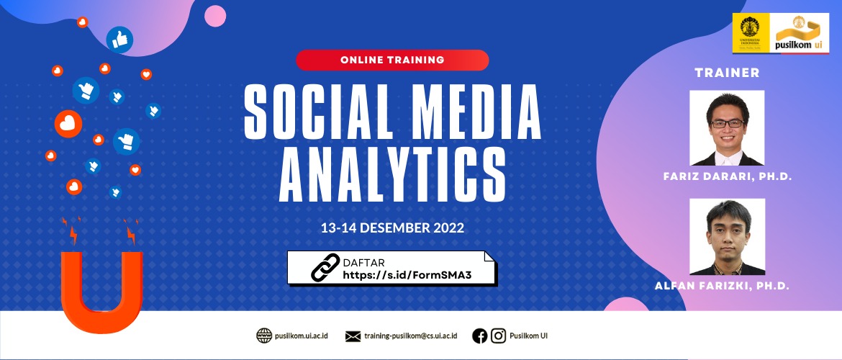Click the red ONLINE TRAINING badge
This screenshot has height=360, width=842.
click(392, 60)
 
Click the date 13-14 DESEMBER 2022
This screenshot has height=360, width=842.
click(392, 228)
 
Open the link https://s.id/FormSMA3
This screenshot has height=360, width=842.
click(411, 275)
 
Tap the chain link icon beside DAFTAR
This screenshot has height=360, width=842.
click(325, 268)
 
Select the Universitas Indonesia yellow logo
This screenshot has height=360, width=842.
click(750, 33)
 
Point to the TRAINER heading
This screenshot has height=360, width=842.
click(727, 73)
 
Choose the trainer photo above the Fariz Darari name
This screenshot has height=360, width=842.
click(727, 128)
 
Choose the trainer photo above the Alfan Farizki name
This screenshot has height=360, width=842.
click(727, 237)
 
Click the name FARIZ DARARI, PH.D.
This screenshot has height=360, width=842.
click(727, 177)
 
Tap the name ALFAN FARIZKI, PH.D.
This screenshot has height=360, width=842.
click(723, 287)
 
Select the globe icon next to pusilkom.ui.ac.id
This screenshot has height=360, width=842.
click(263, 336)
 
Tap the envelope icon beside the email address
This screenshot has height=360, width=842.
click(353, 336)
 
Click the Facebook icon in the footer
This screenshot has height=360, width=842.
click(479, 336)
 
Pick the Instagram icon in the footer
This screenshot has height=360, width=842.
click(498, 336)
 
